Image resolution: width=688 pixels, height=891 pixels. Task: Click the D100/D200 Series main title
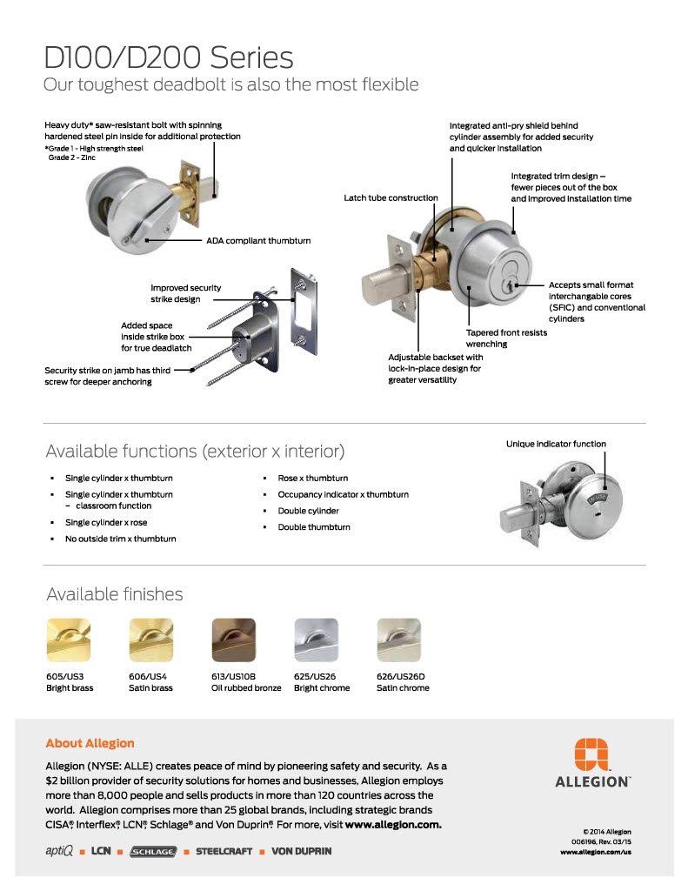[169, 57]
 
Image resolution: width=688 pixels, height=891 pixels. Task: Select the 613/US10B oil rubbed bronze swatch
[234, 640]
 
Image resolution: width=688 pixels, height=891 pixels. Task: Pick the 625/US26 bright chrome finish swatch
[317, 640]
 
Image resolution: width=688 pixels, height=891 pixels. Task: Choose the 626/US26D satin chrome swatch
[398, 640]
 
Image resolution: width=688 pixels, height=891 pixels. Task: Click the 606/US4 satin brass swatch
[150, 640]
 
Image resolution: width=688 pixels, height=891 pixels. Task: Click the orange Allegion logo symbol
[593, 754]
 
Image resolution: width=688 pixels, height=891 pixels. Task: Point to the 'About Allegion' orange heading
[90, 743]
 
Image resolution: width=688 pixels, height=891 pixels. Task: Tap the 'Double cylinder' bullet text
[308, 511]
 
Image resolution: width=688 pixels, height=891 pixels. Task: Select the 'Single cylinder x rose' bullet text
[106, 522]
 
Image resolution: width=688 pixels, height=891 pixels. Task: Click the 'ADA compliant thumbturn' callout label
[257, 240]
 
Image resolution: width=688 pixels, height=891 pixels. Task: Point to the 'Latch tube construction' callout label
[391, 198]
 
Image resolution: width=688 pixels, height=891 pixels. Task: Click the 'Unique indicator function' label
[556, 444]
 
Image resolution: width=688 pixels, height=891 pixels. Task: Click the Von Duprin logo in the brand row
[301, 850]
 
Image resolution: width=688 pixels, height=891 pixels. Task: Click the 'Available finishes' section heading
[114, 594]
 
